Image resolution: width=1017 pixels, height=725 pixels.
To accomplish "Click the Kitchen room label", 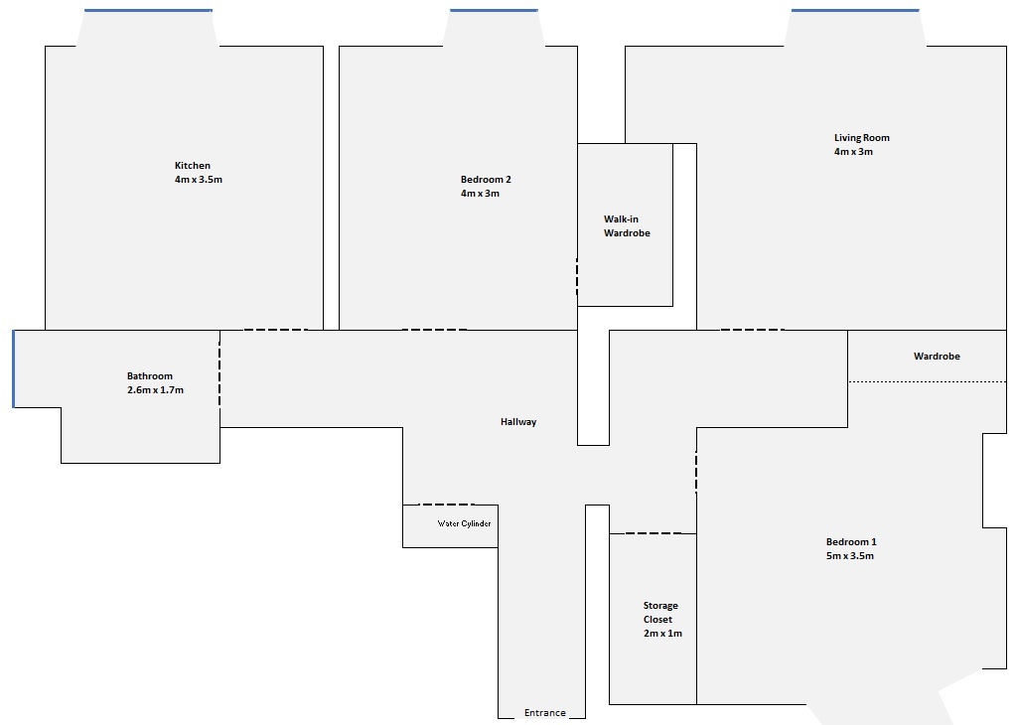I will pyautogui.click(x=193, y=166).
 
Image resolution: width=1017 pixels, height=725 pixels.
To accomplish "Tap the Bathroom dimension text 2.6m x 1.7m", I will pyautogui.click(x=155, y=390).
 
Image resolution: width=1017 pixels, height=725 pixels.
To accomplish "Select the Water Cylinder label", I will pyautogui.click(x=465, y=523).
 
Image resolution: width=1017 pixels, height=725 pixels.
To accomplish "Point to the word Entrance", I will pyautogui.click(x=544, y=713).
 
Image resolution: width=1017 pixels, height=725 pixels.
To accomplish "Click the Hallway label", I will pyautogui.click(x=518, y=422).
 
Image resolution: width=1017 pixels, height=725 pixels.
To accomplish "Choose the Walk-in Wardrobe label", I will pyautogui.click(x=627, y=226).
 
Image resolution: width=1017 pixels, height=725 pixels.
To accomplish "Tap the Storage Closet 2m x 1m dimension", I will pyautogui.click(x=661, y=633).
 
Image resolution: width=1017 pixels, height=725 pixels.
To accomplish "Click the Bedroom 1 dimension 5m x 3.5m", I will pyautogui.click(x=850, y=556).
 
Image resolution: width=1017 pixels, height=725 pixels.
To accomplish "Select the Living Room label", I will pyautogui.click(x=861, y=138).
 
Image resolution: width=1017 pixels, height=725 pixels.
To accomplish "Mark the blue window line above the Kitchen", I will pyautogui.click(x=148, y=11).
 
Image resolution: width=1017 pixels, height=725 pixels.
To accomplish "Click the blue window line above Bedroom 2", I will pyautogui.click(x=494, y=11).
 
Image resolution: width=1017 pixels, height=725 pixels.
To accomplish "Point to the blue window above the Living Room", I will pyautogui.click(x=854, y=11).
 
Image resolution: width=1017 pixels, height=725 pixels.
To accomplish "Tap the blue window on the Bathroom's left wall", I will pyautogui.click(x=13, y=368).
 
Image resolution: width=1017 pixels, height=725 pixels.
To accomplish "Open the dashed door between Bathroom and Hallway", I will pyautogui.click(x=219, y=368).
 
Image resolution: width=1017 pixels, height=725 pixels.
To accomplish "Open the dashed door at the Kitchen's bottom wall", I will pyautogui.click(x=275, y=330).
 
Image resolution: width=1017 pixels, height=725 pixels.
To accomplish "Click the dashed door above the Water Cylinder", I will pyautogui.click(x=446, y=505).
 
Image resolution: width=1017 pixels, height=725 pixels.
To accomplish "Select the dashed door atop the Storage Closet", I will pyautogui.click(x=653, y=533).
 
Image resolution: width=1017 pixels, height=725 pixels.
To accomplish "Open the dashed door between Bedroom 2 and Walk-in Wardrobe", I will pyautogui.click(x=577, y=277).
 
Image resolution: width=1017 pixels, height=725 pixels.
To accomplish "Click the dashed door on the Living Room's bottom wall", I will pyautogui.click(x=752, y=330).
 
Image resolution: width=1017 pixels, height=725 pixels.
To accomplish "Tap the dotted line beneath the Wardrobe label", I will pyautogui.click(x=927, y=381).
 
